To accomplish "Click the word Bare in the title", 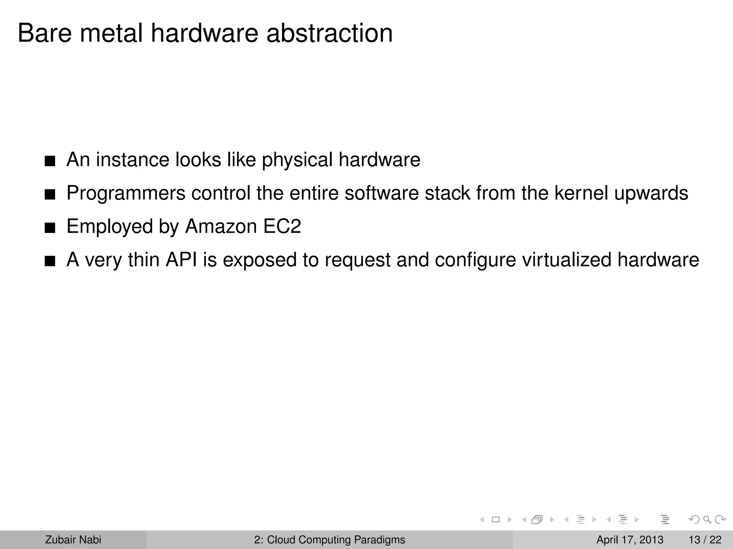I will tap(44, 33).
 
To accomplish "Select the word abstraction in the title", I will tap(329, 33).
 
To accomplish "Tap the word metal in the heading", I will tap(111, 33).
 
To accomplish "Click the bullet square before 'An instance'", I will tap(50, 162).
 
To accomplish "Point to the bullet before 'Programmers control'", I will tap(50, 195).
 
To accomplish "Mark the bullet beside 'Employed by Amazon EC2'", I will tap(50, 228).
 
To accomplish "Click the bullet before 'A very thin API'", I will tap(50, 262).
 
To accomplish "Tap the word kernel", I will tap(581, 193).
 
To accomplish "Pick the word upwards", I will tap(651, 193).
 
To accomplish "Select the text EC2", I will tap(282, 226).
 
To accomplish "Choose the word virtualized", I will tap(567, 259).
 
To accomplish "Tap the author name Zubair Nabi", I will tap(73, 540).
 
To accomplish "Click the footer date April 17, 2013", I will tap(630, 540).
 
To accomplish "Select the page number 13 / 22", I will tap(705, 540).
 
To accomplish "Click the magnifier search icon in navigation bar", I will tap(707, 520).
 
